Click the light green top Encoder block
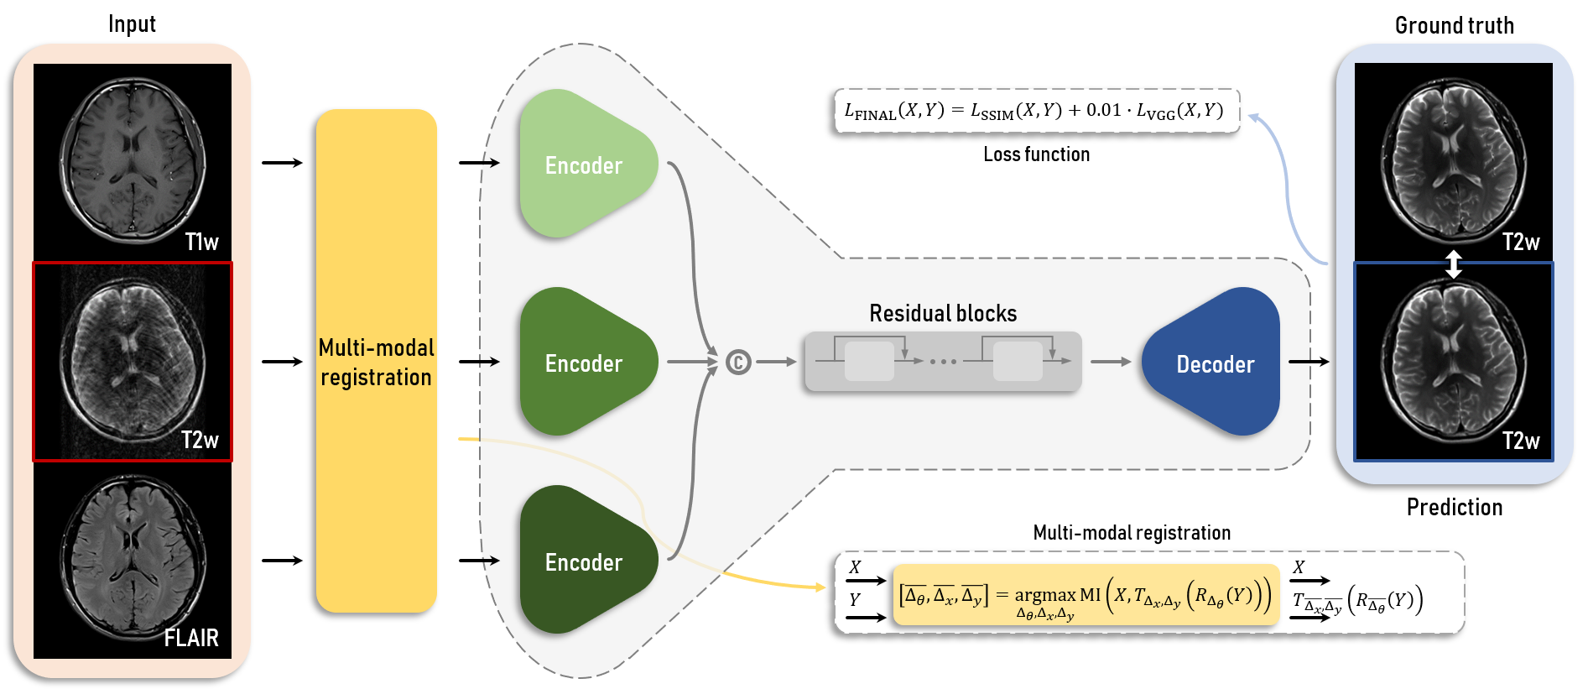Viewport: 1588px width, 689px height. point(584,164)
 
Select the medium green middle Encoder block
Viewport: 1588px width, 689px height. point(584,363)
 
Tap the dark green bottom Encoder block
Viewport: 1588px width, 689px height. point(584,561)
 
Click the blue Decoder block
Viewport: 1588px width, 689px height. point(1214,363)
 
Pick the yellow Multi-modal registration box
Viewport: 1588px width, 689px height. point(376,361)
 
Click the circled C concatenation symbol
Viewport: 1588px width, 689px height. point(738,362)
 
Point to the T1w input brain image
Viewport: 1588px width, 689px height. point(133,161)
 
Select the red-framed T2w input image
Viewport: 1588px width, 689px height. point(133,362)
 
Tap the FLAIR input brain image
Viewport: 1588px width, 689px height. point(133,561)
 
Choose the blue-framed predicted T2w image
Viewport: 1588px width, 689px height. point(1453,362)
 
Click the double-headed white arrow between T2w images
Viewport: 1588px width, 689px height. point(1454,264)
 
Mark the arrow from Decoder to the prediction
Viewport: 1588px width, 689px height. point(1309,362)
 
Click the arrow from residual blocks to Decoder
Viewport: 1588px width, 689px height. point(1111,362)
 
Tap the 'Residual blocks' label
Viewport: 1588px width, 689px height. point(943,314)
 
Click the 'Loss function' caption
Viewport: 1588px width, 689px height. point(1036,154)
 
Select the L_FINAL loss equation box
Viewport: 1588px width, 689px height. point(1036,111)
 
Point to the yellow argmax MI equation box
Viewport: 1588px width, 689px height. point(1086,596)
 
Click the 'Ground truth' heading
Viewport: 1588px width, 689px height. point(1454,25)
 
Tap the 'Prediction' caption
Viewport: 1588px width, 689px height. point(1454,507)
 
